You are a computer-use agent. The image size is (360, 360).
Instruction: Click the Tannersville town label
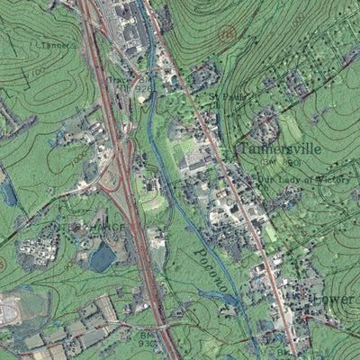(x=278, y=148)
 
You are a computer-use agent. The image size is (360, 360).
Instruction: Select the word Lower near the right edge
(x=332, y=298)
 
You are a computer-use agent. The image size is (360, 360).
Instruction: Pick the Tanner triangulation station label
(x=57, y=43)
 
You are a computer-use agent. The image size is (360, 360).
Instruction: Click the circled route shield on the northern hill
(x=226, y=34)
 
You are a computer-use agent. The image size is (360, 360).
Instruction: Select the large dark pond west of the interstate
(x=102, y=257)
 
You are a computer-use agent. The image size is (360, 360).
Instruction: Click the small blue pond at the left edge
(x=9, y=193)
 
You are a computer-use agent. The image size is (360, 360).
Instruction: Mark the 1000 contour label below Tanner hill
(x=81, y=154)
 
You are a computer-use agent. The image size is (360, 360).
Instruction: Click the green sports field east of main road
(x=270, y=232)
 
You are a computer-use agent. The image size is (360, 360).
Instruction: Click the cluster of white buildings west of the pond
(x=38, y=247)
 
